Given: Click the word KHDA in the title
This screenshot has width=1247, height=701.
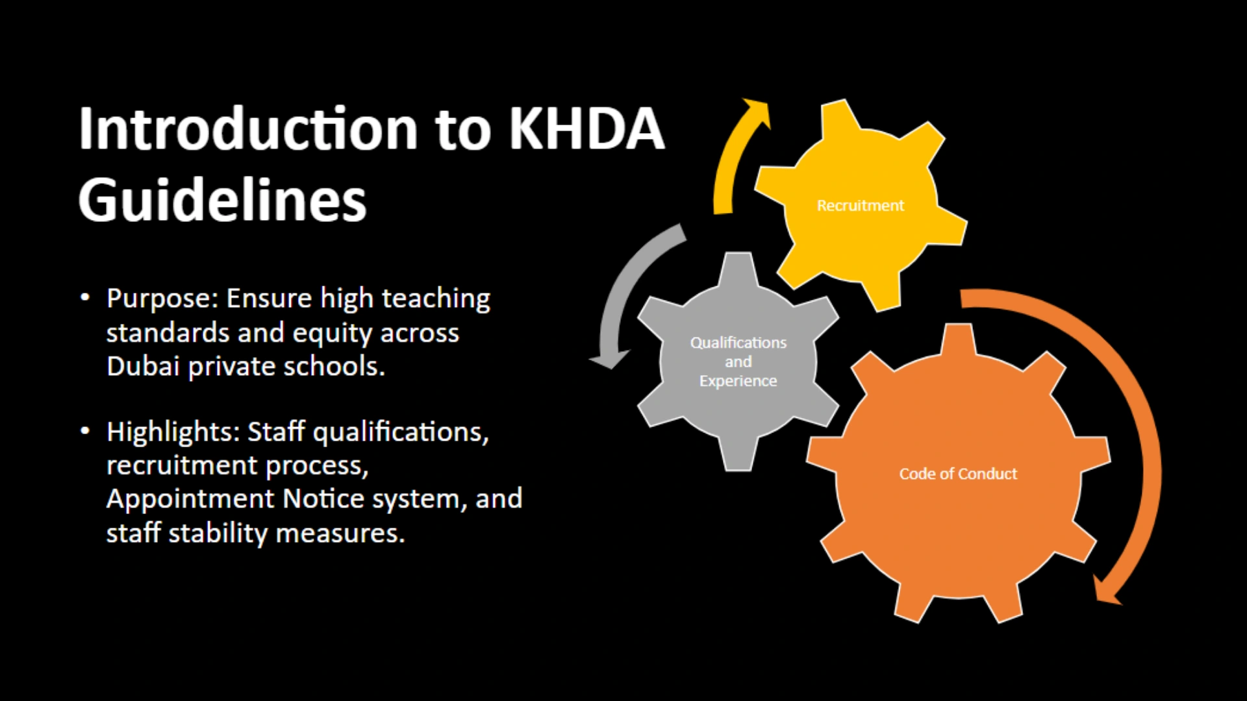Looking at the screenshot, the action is click(x=586, y=128).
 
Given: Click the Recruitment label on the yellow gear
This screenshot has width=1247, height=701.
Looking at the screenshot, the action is click(x=861, y=206).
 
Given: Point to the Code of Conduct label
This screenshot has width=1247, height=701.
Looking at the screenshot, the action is click(x=958, y=474).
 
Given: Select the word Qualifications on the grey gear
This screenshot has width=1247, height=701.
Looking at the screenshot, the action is click(x=738, y=343).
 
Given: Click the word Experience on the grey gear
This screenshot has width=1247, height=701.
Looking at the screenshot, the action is click(x=738, y=381).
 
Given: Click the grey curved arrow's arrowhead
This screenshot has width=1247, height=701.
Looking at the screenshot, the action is click(x=609, y=359).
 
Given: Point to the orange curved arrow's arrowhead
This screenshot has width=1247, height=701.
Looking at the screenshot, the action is click(x=1106, y=589).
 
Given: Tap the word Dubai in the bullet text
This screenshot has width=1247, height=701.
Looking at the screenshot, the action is click(x=142, y=366).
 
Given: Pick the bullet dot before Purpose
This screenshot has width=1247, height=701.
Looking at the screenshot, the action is click(x=85, y=298).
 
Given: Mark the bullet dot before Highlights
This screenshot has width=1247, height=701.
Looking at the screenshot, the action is click(x=85, y=431).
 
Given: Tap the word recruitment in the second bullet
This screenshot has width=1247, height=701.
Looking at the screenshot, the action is click(x=182, y=466).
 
